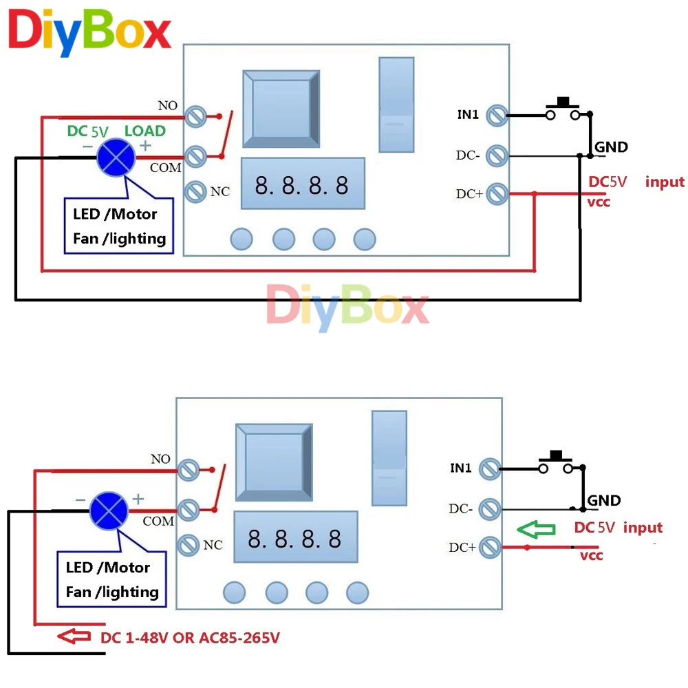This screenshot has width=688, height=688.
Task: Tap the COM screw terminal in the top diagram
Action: click(197, 155)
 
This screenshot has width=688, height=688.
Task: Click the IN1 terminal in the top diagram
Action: click(496, 116)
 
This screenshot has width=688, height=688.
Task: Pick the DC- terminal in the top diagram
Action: click(496, 155)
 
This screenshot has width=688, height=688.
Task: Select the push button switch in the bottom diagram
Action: click(556, 463)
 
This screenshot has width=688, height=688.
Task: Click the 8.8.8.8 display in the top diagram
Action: click(302, 184)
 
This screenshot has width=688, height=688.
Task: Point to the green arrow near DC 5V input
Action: click(537, 530)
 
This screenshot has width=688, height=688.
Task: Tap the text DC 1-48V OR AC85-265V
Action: click(191, 638)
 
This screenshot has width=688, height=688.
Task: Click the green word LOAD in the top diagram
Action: click(144, 131)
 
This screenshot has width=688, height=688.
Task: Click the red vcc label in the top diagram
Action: click(599, 202)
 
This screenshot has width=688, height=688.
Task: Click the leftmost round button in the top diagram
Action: click(241, 239)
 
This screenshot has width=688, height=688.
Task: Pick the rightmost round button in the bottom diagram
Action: click(358, 592)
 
